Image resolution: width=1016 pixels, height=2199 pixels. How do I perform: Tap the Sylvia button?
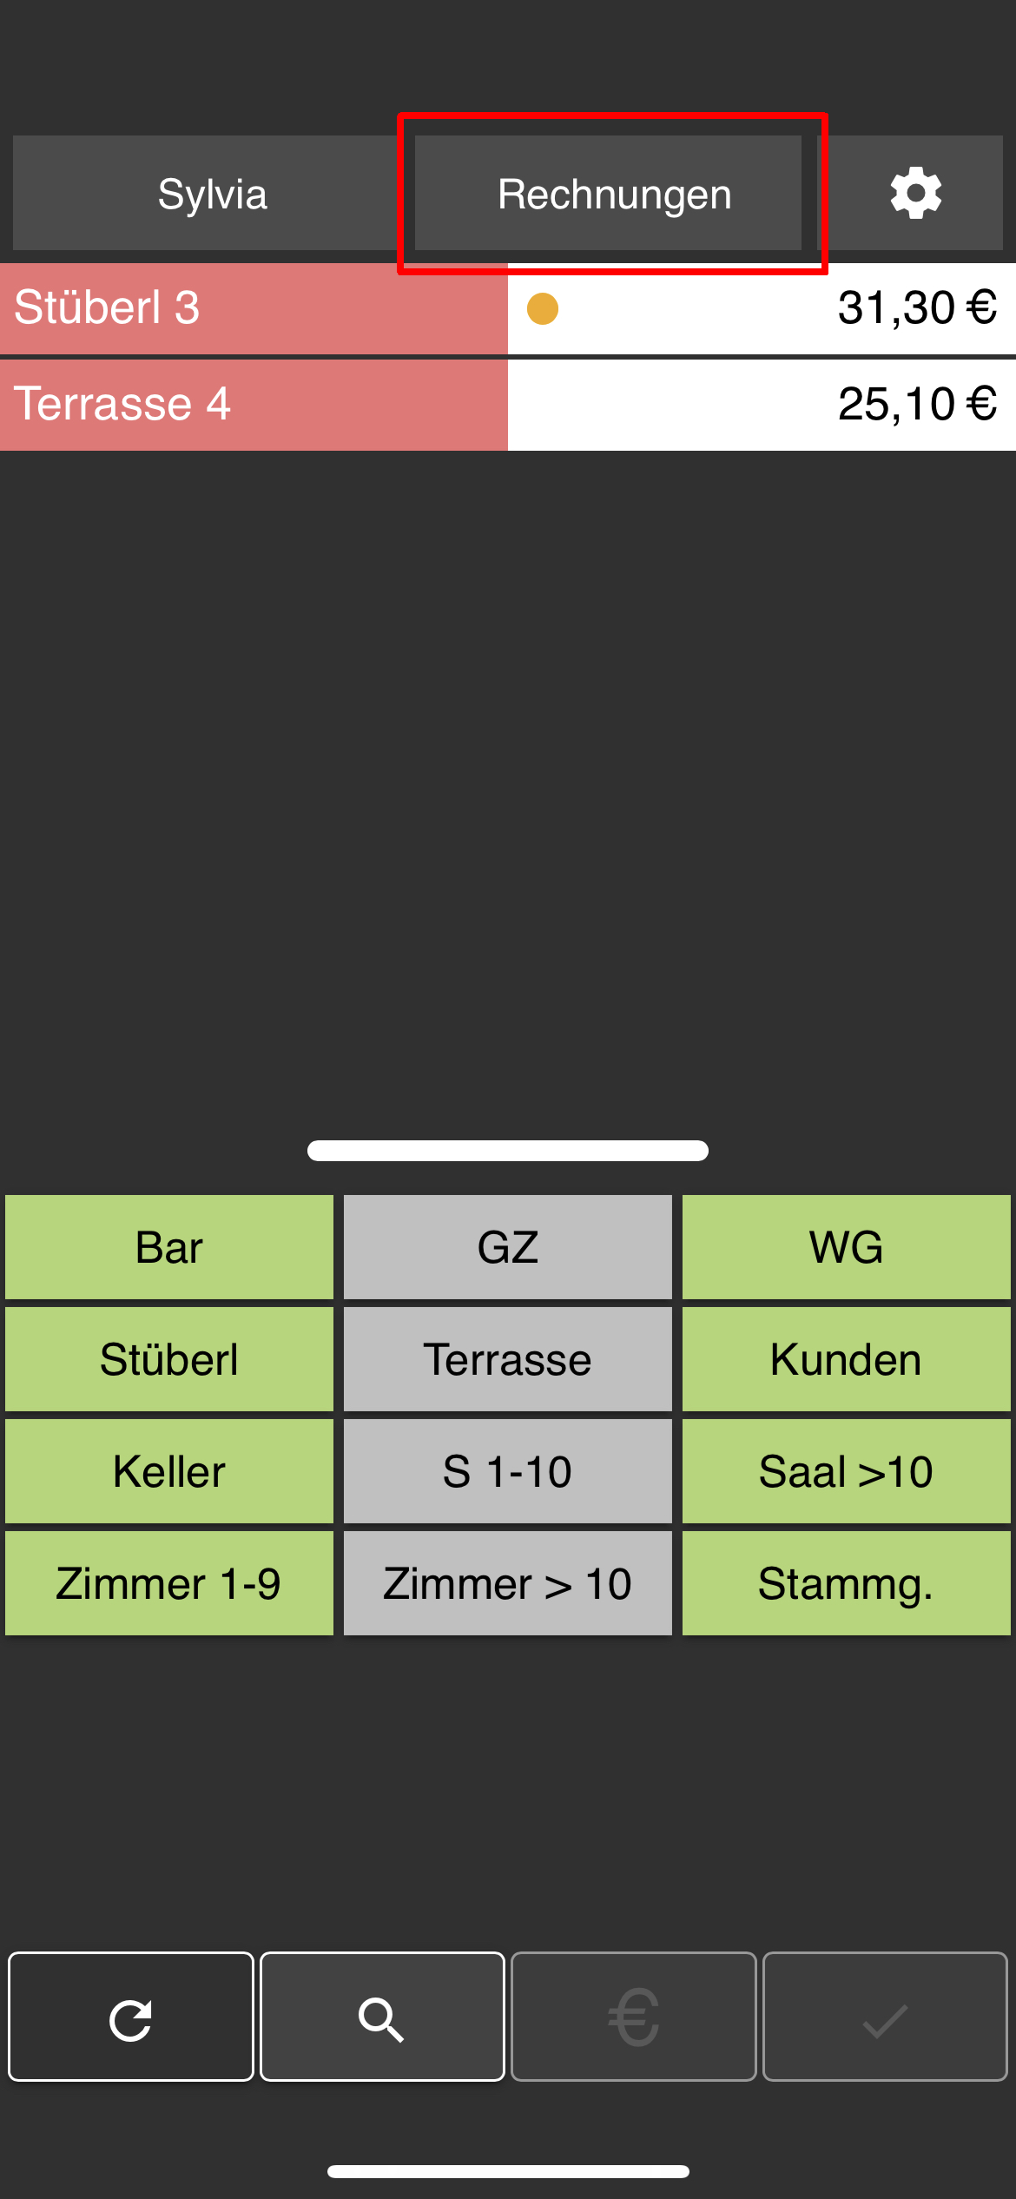(212, 194)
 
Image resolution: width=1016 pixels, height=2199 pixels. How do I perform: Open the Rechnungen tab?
(613, 194)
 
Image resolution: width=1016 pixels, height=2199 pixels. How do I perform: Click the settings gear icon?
(915, 194)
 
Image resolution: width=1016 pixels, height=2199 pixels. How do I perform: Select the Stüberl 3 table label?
(108, 308)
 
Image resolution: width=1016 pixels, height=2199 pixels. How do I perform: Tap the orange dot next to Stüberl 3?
(543, 308)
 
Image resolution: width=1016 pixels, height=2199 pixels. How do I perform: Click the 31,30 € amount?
(916, 308)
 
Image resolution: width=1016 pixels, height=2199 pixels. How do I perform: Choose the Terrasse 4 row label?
(122, 405)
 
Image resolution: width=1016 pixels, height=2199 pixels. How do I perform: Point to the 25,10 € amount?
(916, 405)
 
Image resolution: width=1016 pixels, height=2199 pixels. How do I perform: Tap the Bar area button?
(169, 1247)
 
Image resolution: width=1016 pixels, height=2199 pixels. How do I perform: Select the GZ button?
(508, 1247)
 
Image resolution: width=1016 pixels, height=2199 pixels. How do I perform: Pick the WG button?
(847, 1247)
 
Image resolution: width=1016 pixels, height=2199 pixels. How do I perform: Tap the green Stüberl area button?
(169, 1359)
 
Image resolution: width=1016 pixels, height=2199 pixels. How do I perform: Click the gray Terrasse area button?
(508, 1359)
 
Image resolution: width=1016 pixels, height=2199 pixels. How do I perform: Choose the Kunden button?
(847, 1359)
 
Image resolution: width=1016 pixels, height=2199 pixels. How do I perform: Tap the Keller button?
(169, 1471)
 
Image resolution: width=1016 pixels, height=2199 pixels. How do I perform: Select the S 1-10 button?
(508, 1471)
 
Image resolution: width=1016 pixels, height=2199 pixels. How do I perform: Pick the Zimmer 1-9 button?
(169, 1583)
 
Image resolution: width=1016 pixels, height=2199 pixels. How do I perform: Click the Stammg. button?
(847, 1583)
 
